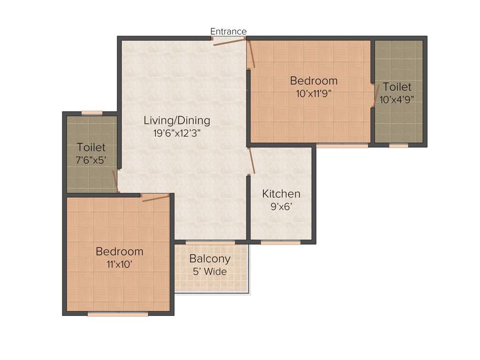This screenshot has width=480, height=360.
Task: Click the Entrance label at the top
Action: point(228,31)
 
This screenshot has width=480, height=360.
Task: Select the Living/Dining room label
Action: point(177,120)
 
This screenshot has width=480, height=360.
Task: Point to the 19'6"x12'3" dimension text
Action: point(177,133)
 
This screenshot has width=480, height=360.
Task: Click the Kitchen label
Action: point(281,194)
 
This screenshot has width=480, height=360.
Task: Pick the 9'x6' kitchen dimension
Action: point(281,206)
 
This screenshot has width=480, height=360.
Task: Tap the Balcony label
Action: point(210,259)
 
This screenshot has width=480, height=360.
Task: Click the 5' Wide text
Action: point(210,271)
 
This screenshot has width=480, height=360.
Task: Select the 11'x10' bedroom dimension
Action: point(119,264)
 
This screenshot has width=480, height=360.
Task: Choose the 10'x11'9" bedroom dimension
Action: point(314,93)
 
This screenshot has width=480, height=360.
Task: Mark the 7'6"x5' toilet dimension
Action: point(91,160)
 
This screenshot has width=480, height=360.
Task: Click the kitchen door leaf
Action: point(252,161)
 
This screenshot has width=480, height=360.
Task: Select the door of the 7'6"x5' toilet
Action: point(115,180)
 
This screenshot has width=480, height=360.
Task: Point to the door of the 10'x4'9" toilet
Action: point(375,96)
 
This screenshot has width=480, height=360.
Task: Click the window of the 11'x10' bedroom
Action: point(118,314)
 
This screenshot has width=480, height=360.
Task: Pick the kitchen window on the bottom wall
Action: point(280,242)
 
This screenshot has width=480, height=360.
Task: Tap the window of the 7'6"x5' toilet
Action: point(92,112)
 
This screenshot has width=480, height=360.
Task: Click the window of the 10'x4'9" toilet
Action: point(398,146)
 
